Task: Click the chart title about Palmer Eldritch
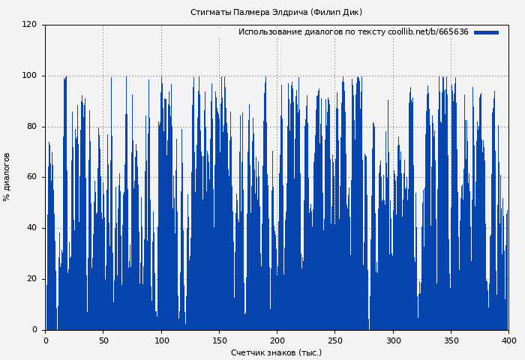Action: point(276,12)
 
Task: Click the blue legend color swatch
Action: point(486,32)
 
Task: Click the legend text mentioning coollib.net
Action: point(353,32)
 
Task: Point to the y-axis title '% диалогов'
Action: point(7,177)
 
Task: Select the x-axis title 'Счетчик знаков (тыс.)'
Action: point(276,352)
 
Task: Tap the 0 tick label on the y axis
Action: point(34,330)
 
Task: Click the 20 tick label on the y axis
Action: point(31,279)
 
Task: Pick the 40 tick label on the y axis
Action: point(31,228)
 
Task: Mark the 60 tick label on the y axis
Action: point(31,177)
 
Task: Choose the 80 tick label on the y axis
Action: point(31,126)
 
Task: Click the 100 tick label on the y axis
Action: point(28,76)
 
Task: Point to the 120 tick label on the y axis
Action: point(28,25)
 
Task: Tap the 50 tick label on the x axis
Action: point(103,340)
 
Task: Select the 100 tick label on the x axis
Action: point(161,340)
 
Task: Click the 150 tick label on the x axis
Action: point(219,340)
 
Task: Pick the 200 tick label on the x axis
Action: point(277,340)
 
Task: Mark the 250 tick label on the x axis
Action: point(335,340)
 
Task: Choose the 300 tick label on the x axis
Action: point(393,340)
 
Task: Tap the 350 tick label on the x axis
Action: point(451,340)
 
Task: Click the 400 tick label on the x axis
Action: point(508,340)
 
